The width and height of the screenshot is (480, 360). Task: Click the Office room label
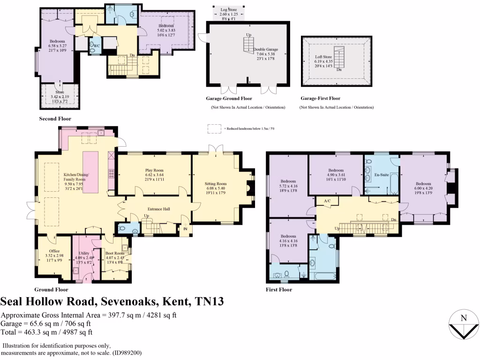54,251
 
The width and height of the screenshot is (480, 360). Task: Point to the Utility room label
84,253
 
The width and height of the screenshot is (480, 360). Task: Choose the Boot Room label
114,253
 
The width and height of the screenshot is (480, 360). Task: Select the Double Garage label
266,49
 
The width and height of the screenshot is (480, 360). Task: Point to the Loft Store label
323,57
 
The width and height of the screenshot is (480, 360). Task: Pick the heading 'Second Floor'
55,119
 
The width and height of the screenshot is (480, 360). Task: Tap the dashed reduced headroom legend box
215,128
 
